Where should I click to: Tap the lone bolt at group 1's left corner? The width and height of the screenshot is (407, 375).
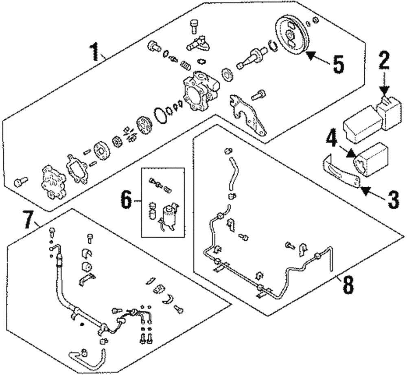tap(20, 181)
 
